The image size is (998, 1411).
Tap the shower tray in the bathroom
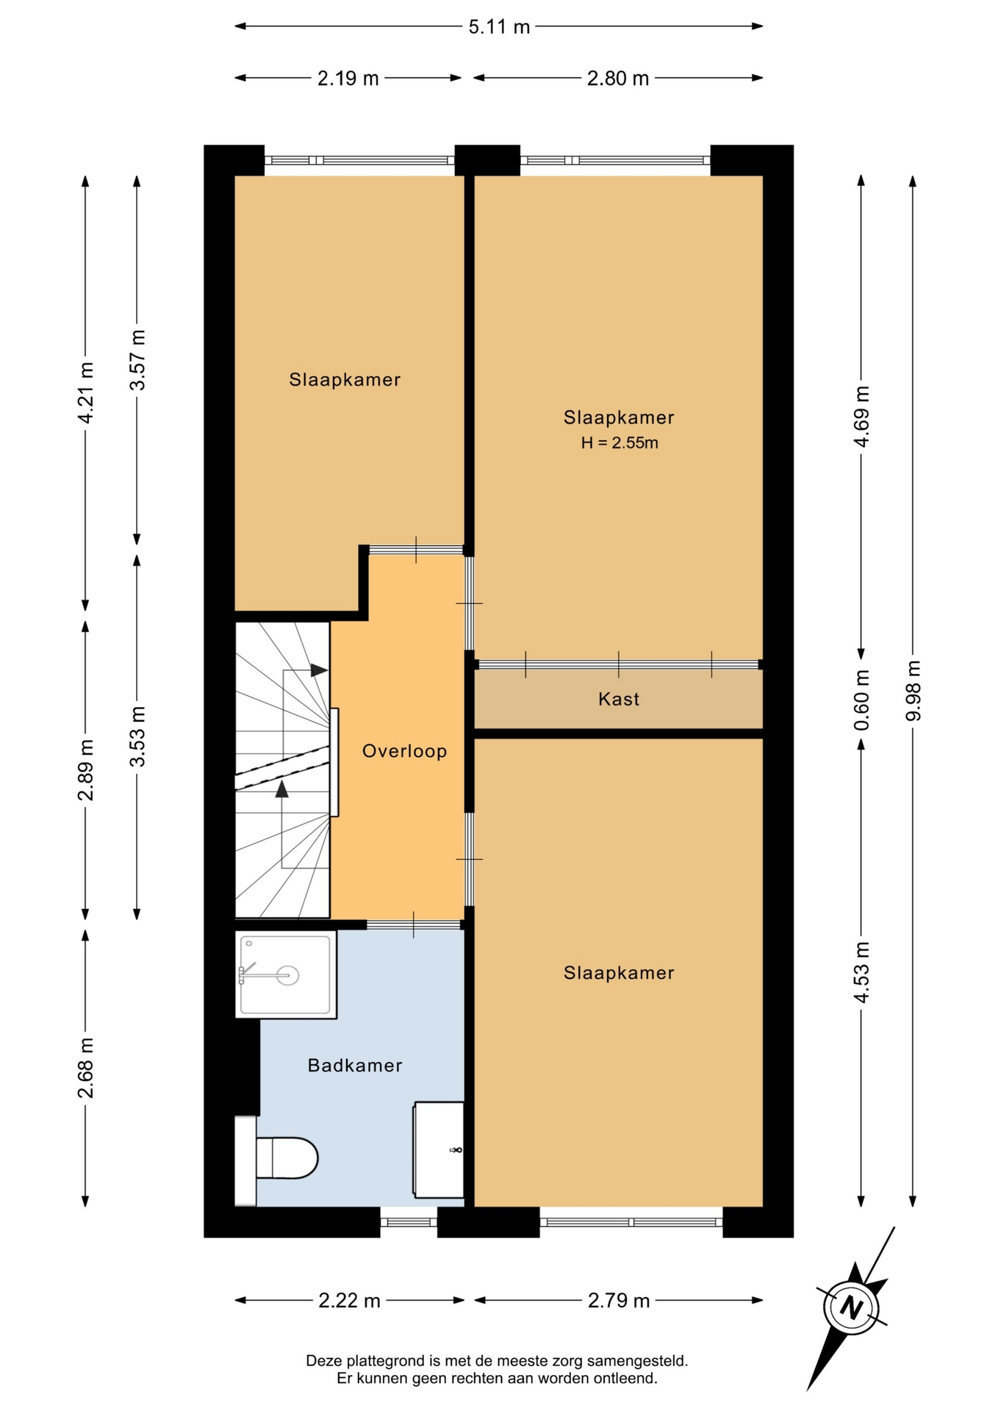(286, 974)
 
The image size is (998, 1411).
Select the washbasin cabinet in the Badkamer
(439, 1149)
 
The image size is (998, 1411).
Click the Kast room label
(619, 699)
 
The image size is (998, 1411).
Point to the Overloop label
(405, 751)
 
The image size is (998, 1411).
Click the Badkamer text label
(355, 1066)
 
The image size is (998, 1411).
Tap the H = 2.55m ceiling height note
(620, 442)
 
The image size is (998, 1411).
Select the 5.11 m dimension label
(499, 27)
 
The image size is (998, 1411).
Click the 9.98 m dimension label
(913, 691)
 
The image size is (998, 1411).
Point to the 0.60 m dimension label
(861, 700)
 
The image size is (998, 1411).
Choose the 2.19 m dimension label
(348, 79)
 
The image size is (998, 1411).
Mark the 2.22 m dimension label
(350, 1302)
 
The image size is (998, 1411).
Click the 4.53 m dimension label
(861, 972)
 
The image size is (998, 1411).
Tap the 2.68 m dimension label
(85, 1068)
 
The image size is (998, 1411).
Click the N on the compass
(851, 1308)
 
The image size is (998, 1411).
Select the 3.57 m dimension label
(137, 360)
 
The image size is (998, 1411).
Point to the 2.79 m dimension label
(619, 1302)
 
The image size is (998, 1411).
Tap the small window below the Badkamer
(409, 1222)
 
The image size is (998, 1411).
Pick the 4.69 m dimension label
(861, 416)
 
